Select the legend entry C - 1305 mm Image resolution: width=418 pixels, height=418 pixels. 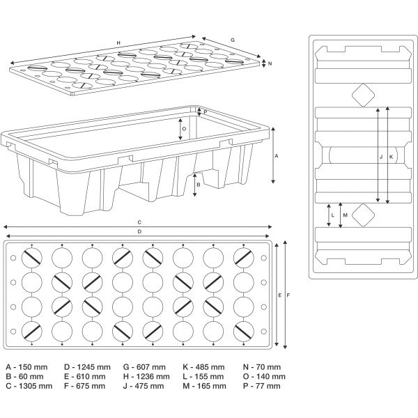29,385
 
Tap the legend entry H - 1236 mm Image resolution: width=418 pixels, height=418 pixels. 146,376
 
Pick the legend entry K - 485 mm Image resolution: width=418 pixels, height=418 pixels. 203,367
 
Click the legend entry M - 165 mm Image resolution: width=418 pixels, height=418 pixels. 203,385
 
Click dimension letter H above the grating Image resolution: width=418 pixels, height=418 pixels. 118,43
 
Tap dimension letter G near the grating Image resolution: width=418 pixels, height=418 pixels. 233,41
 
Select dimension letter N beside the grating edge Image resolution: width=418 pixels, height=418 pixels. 270,63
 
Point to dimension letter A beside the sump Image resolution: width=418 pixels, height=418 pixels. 277,156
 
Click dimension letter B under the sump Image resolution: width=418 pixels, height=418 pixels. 199,185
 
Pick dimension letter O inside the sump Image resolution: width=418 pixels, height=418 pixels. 184,128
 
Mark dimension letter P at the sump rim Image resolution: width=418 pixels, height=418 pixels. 206,111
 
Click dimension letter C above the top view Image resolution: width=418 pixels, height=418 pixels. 139,222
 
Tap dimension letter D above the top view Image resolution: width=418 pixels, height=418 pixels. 139,231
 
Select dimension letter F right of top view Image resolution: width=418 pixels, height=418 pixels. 287,295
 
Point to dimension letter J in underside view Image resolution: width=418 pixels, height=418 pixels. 381,157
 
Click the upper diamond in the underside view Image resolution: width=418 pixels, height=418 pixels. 362,95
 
